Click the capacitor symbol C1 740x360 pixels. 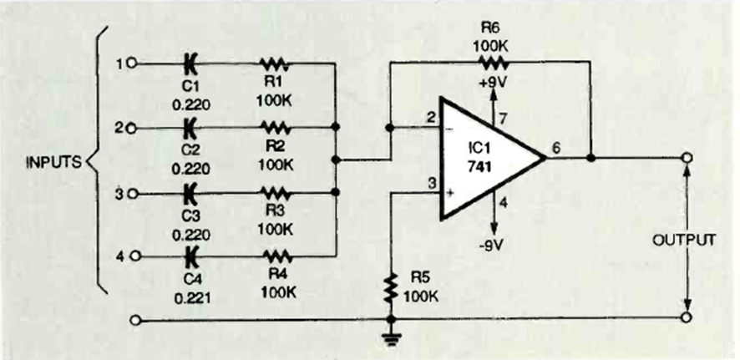pos(190,62)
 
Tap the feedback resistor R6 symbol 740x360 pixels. pos(492,61)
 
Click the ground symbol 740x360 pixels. pos(390,338)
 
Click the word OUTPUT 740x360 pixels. pos(685,240)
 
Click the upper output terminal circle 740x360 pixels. pos(686,157)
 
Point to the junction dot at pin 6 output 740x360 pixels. pos(590,157)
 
